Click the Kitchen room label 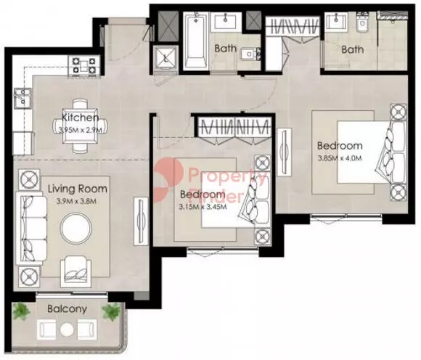tap(81, 118)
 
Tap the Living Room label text tap(78, 189)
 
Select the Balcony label tap(67, 309)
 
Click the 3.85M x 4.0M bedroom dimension tap(340, 158)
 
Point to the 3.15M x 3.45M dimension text tap(203, 207)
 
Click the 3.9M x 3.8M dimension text tap(76, 201)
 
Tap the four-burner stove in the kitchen tap(84, 66)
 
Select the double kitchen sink tap(23, 98)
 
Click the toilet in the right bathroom tap(363, 21)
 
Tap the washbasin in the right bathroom tap(336, 22)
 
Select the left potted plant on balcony tap(22, 312)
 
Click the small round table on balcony tap(67, 330)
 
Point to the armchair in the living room tap(76, 271)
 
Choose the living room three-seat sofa tap(30, 228)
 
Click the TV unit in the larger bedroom tap(284, 152)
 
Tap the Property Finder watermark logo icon tap(165, 180)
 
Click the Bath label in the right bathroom tap(353, 49)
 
